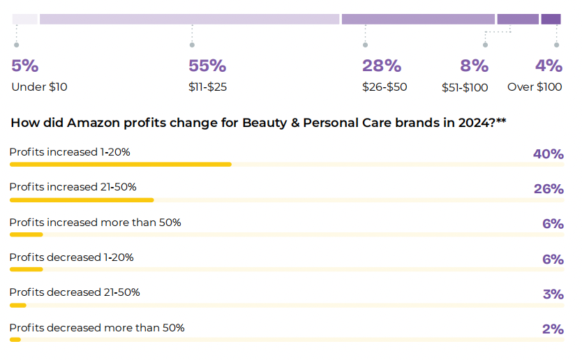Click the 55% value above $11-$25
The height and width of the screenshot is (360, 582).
[x=207, y=66]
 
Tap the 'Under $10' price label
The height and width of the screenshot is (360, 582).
[x=39, y=87]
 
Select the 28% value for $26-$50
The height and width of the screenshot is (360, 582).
[x=382, y=66]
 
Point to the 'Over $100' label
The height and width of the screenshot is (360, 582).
[x=535, y=87]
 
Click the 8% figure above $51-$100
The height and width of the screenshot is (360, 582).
[x=474, y=66]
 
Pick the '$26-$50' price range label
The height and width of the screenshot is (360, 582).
[x=385, y=87]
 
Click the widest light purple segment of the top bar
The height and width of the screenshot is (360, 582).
[x=189, y=19]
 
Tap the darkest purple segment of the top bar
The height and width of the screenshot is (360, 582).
[x=551, y=19]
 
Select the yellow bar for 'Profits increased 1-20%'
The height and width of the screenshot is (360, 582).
[x=120, y=165]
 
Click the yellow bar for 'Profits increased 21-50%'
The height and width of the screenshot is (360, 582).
[x=82, y=200]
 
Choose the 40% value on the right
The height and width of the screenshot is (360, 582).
[x=548, y=154]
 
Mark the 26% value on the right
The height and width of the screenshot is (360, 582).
[x=548, y=189]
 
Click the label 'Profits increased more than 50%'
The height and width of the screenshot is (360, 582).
[x=95, y=223]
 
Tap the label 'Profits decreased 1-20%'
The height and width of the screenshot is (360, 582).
[x=71, y=257]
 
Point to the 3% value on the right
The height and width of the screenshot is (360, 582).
[x=553, y=294]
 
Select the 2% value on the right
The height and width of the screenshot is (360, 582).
[x=553, y=329]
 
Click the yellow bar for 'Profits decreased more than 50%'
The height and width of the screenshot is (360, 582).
[x=15, y=340]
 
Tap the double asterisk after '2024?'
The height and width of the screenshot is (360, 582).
[x=501, y=121]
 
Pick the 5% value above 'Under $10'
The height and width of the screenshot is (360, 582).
[x=24, y=66]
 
